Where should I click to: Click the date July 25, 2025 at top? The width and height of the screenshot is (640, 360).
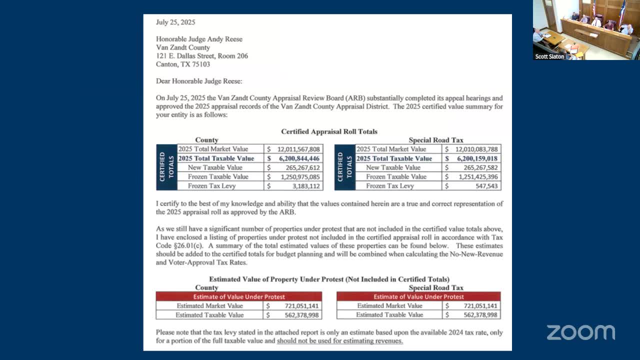click(x=175, y=22)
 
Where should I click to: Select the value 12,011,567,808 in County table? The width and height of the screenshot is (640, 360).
click(x=298, y=149)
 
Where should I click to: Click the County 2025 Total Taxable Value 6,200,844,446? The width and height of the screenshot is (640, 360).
click(x=299, y=158)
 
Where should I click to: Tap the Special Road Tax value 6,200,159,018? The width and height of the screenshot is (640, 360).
click(x=476, y=158)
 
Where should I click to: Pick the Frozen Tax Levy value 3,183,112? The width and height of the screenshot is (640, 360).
click(x=305, y=186)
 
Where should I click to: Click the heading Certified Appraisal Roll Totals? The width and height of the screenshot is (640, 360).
click(x=329, y=131)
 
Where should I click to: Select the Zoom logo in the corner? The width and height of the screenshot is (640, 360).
click(x=580, y=332)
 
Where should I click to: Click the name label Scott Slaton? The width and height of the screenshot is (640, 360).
click(x=549, y=57)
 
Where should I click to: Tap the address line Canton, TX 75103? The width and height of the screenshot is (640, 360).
click(x=183, y=64)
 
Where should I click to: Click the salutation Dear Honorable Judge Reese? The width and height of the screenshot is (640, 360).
click(x=199, y=81)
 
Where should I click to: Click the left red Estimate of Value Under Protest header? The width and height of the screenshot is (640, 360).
click(x=239, y=296)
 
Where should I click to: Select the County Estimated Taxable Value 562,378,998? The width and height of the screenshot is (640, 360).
click(x=299, y=315)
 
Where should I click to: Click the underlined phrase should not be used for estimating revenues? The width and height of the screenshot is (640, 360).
click(x=339, y=341)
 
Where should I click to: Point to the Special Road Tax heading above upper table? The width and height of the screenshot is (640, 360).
click(x=436, y=140)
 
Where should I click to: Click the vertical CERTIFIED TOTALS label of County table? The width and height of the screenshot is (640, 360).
click(x=166, y=167)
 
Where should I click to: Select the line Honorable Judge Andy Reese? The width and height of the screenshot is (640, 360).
click(x=199, y=39)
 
